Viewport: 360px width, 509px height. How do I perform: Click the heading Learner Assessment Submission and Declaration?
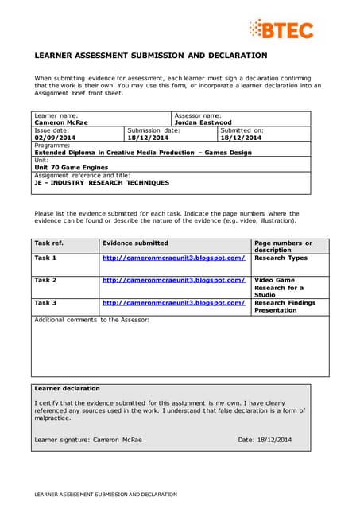151,56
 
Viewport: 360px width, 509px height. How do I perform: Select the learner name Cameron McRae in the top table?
60,122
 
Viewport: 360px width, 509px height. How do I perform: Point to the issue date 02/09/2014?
52,138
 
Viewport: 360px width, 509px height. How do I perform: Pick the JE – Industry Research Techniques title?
102,182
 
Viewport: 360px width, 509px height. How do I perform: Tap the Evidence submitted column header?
135,243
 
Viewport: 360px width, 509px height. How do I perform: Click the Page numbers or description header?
283,247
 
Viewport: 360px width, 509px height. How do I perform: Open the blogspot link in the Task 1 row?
173,258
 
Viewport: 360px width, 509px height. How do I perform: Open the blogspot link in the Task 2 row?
173,280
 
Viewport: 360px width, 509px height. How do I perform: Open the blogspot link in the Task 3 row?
173,302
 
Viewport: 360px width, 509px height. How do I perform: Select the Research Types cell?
281,258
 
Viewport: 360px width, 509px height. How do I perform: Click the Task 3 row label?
45,302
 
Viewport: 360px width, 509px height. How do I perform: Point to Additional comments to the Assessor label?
91,319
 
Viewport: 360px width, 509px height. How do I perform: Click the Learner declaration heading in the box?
68,388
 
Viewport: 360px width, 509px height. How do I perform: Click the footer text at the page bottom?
105,494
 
